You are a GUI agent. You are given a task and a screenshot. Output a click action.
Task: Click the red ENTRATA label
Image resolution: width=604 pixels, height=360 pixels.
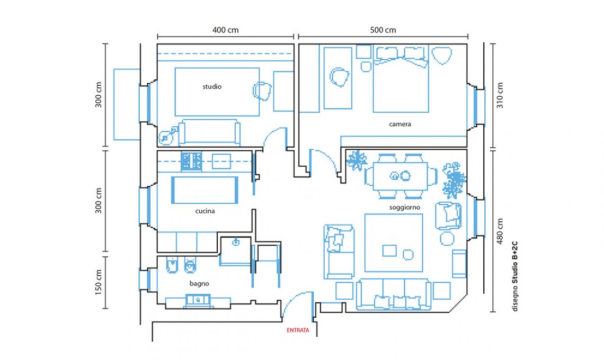[298, 330]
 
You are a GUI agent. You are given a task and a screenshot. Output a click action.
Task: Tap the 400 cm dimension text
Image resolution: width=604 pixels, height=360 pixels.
[225, 30]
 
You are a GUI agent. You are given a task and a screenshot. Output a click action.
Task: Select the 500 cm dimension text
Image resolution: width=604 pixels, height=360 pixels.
[383, 30]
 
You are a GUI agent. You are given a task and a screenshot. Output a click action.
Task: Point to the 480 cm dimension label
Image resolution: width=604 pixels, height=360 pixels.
[500, 231]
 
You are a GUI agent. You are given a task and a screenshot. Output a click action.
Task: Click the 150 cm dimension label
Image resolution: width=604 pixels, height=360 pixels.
[99, 282]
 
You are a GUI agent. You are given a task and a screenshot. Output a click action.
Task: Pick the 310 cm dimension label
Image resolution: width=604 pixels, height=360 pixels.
[500, 95]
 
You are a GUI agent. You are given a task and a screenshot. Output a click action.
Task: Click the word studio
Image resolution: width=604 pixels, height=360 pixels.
[212, 87]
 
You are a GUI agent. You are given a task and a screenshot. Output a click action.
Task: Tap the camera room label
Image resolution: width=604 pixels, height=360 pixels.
[400, 124]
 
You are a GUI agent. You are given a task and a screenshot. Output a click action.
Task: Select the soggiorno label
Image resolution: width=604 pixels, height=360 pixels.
[404, 208]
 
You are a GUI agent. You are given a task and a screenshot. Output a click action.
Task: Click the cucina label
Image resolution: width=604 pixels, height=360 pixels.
[205, 211]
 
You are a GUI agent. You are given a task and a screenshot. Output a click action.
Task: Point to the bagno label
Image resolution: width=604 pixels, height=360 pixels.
[199, 284]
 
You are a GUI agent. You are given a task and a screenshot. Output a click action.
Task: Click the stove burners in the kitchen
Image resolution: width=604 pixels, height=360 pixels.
[191, 161]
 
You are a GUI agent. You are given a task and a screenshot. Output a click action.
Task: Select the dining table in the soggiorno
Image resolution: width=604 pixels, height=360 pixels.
[401, 176]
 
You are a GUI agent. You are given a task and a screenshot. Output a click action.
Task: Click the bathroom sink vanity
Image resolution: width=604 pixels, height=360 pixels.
[198, 301]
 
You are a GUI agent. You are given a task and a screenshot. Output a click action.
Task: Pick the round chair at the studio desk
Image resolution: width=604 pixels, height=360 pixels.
[262, 91]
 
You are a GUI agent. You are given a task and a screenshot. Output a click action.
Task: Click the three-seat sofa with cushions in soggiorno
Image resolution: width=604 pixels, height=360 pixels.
[394, 294]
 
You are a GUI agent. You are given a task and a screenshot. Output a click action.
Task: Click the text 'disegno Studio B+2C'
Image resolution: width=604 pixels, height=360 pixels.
[515, 276]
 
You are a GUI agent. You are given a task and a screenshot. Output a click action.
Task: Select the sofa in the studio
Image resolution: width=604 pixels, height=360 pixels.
[210, 133]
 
